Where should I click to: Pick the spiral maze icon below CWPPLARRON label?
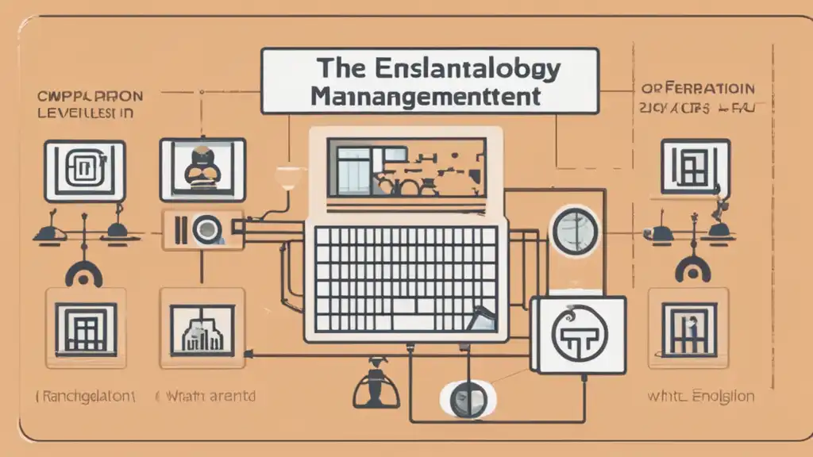84,169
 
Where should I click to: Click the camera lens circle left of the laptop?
206,229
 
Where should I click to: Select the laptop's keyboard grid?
406,278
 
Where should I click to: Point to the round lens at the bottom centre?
467,397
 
